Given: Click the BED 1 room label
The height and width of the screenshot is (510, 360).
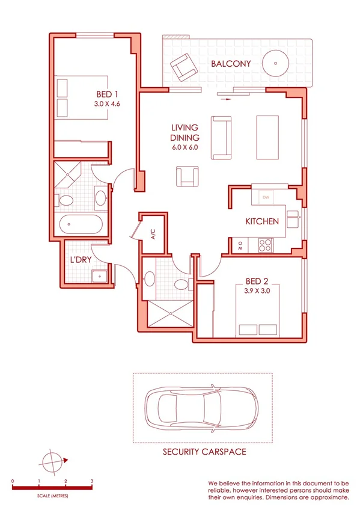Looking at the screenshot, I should [x=107, y=94].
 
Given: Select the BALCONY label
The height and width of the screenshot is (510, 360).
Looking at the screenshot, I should [x=230, y=64].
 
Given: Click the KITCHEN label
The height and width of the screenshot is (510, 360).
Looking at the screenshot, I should [x=262, y=221].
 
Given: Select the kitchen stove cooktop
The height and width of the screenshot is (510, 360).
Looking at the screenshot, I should [x=265, y=245].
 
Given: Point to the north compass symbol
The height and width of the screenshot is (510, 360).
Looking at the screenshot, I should [x=53, y=462].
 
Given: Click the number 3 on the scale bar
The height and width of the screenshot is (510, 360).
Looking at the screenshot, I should [x=92, y=482].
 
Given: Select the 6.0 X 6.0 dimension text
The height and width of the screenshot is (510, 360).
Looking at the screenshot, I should [x=185, y=147].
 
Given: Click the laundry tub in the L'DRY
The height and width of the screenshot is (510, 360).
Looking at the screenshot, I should [x=99, y=276].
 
